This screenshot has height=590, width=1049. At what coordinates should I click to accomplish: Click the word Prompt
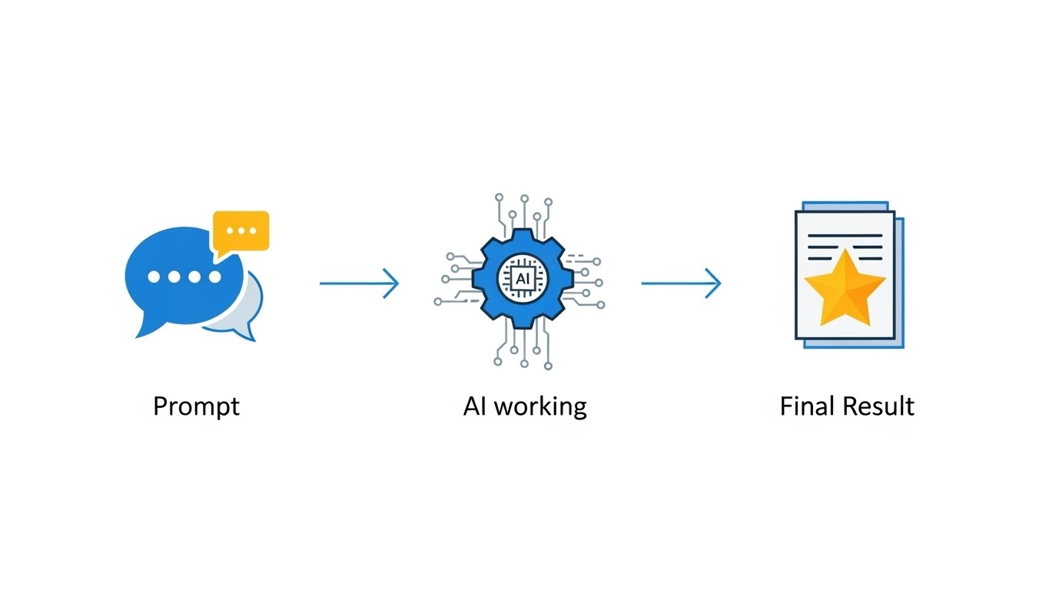[196, 406]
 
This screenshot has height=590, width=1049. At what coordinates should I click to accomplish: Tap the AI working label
[525, 406]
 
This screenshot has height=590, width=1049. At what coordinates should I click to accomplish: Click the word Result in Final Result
[878, 406]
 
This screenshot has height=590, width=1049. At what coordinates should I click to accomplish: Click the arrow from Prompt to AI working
[359, 283]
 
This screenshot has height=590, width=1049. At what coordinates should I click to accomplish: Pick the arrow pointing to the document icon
[681, 283]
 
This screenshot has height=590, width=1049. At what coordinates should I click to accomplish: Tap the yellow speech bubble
[241, 230]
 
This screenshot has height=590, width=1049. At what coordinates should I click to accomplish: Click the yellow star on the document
[844, 289]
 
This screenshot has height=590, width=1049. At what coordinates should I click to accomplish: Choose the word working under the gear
[541, 406]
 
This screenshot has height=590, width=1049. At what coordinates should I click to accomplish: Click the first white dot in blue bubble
[154, 277]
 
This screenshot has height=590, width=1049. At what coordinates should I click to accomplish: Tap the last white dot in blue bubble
[215, 277]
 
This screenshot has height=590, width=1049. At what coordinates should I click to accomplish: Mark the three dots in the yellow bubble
[241, 230]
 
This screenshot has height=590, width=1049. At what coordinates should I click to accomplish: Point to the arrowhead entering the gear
[393, 283]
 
